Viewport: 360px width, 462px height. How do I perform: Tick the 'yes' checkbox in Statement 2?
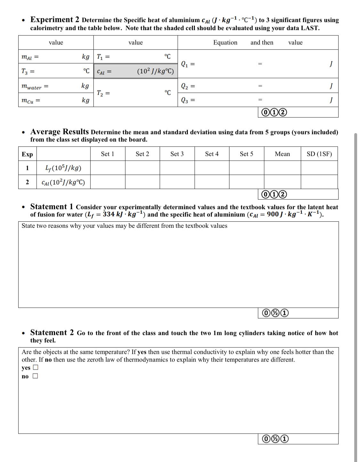tap(36, 367)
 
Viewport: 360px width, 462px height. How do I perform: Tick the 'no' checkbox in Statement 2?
tap(35, 376)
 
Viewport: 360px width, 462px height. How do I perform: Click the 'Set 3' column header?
tap(177, 154)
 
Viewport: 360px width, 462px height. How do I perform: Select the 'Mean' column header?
tap(282, 154)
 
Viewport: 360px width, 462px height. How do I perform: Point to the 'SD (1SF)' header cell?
tap(319, 154)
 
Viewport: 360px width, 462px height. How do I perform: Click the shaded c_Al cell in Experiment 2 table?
tap(135, 71)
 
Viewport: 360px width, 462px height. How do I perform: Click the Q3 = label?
tap(188, 100)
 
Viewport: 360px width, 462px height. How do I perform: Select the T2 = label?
tap(103, 93)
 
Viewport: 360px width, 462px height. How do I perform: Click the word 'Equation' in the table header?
tap(225, 43)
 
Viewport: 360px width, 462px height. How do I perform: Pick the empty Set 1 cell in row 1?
tap(108, 168)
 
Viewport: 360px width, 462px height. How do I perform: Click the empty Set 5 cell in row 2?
tap(246, 182)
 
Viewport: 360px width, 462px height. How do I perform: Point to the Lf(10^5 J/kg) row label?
tap(63, 168)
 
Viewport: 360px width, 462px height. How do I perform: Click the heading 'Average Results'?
tap(60, 131)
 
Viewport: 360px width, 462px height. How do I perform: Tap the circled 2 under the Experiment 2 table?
tap(283, 112)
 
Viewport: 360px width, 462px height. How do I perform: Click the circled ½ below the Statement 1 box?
tap(275, 313)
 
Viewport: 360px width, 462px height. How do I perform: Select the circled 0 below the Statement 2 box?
tap(266, 439)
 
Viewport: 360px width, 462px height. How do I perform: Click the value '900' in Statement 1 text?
tap(273, 214)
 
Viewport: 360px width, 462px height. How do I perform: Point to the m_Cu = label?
tap(30, 100)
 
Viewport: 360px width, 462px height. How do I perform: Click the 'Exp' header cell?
tap(27, 154)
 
